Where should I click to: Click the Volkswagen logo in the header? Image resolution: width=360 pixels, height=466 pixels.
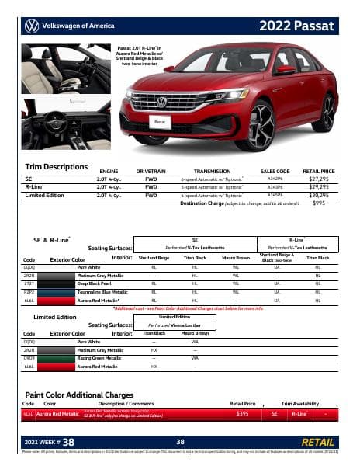(x=31, y=25)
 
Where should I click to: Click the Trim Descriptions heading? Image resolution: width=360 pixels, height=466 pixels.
(x=57, y=167)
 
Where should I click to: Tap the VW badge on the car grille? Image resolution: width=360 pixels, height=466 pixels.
(x=161, y=102)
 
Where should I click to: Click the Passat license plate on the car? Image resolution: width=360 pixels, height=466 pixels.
(x=160, y=122)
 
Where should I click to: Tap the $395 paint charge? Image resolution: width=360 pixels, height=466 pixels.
(x=242, y=415)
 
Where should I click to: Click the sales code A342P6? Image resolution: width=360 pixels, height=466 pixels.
(x=275, y=178)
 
